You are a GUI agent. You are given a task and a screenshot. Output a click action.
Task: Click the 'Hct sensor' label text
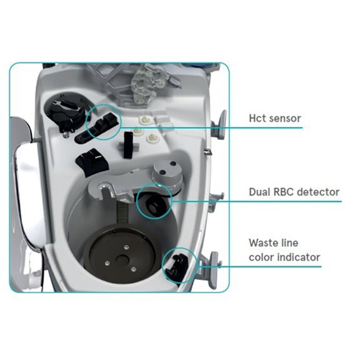tap(275, 118)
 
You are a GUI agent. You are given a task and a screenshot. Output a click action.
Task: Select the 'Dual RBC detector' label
tap(294, 192)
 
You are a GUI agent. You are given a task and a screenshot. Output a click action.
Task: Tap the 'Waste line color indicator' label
tap(284, 250)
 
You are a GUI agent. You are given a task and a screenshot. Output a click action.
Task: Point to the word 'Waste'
tap(264, 242)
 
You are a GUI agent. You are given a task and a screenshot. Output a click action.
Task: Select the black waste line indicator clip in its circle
tap(176, 266)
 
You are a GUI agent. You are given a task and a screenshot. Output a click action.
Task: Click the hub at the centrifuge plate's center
tap(122, 259)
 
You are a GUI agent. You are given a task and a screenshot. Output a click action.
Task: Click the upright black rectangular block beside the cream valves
tap(128, 145)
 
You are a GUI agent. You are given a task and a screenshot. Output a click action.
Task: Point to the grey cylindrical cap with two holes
tap(167, 173)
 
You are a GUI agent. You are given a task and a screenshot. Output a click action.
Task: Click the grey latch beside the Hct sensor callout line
tap(219, 124)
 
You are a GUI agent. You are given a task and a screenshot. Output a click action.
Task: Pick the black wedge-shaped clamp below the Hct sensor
tap(92, 162)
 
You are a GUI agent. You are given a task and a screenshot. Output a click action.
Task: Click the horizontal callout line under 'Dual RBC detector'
tap(257, 202)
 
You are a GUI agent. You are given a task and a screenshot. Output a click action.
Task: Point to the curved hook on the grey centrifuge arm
tap(104, 189)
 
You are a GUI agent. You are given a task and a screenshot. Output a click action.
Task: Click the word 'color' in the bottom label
tap(262, 257)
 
